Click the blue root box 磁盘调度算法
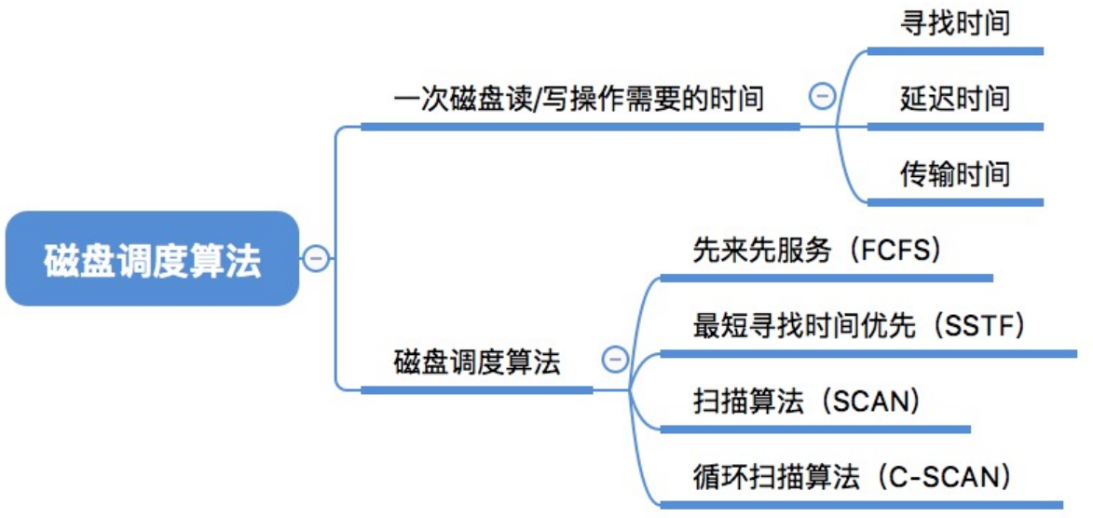point(152,259)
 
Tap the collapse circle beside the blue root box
point(315,259)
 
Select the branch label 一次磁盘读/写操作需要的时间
point(580,100)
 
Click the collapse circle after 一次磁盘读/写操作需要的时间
point(823,97)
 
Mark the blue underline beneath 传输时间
point(955,202)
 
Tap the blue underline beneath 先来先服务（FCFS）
point(826,279)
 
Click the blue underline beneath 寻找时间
point(955,51)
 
